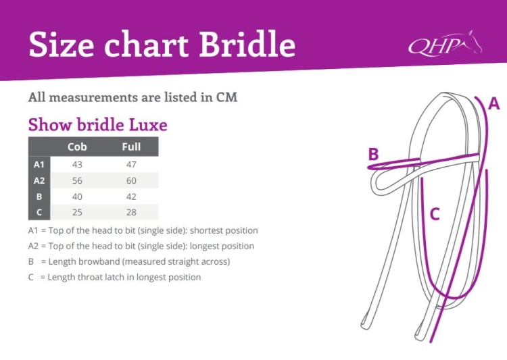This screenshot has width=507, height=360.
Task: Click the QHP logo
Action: pos(445,44)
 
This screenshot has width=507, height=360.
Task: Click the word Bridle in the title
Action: pos(247,44)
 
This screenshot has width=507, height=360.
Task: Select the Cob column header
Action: pos(77,147)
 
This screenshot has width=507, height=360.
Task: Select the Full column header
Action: pos(131,147)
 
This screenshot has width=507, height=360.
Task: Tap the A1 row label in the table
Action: pos(39,165)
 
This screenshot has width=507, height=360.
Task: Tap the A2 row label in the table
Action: pos(39,180)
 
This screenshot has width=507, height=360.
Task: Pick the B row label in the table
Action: pos(39,197)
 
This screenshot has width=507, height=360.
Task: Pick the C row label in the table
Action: pos(39,212)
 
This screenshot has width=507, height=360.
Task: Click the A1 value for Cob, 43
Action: pos(77,165)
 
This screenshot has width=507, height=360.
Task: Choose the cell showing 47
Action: pos(131,165)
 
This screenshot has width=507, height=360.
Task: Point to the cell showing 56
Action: pos(77,180)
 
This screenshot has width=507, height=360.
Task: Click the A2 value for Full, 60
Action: pos(131,180)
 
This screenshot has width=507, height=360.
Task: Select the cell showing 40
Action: pos(77,197)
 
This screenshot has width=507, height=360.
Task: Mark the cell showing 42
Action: pos(131,197)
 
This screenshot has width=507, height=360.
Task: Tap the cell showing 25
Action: pos(77,212)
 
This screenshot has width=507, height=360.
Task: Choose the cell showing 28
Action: pos(131,212)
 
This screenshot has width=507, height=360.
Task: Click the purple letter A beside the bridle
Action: pos(493,104)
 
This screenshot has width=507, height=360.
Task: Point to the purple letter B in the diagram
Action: pos(373,154)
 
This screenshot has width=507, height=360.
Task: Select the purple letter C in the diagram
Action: pos(435,214)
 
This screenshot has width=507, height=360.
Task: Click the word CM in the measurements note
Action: pos(226,97)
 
